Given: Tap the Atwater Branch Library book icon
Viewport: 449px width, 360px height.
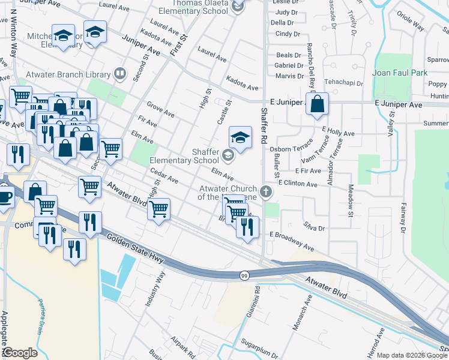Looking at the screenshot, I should pyautogui.click(x=120, y=74).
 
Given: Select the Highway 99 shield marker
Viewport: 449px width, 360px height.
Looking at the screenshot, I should pyautogui.click(x=244, y=275).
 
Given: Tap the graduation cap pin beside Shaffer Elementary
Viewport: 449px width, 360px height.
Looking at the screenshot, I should pyautogui.click(x=240, y=139).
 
